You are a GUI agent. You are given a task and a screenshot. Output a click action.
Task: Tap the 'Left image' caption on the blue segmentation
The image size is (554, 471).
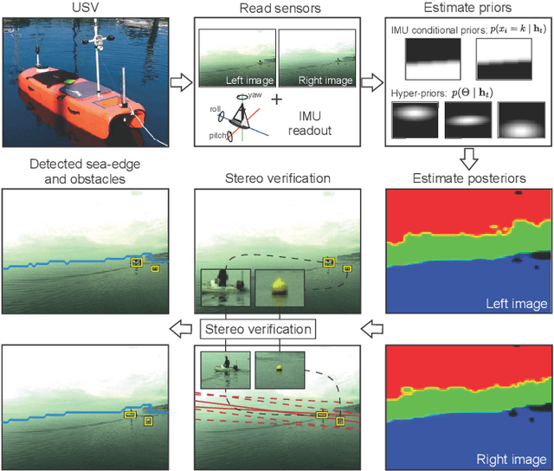coord(518,304)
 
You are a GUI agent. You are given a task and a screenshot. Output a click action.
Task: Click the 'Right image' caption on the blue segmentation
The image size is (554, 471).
coord(513,458)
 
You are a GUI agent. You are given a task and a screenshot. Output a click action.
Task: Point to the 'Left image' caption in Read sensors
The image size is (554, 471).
coord(245,81)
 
